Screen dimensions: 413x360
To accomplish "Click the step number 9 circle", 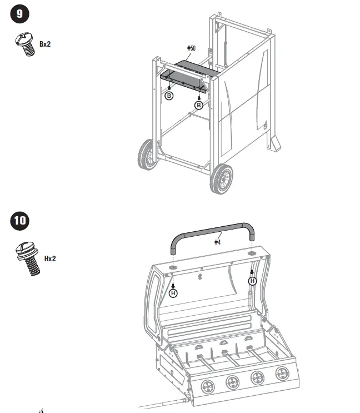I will click(x=20, y=14).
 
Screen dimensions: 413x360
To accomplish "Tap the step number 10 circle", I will click(x=20, y=221).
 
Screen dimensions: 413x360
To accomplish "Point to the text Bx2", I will click(x=45, y=43).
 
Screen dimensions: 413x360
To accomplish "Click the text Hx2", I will click(x=50, y=258).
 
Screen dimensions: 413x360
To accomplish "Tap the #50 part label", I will click(x=191, y=49).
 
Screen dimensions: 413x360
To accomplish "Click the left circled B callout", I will click(x=169, y=96).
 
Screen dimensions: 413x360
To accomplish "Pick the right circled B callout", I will click(x=198, y=105).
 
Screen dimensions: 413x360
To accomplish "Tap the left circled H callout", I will click(x=173, y=293).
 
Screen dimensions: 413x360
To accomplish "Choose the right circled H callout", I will click(x=253, y=281).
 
